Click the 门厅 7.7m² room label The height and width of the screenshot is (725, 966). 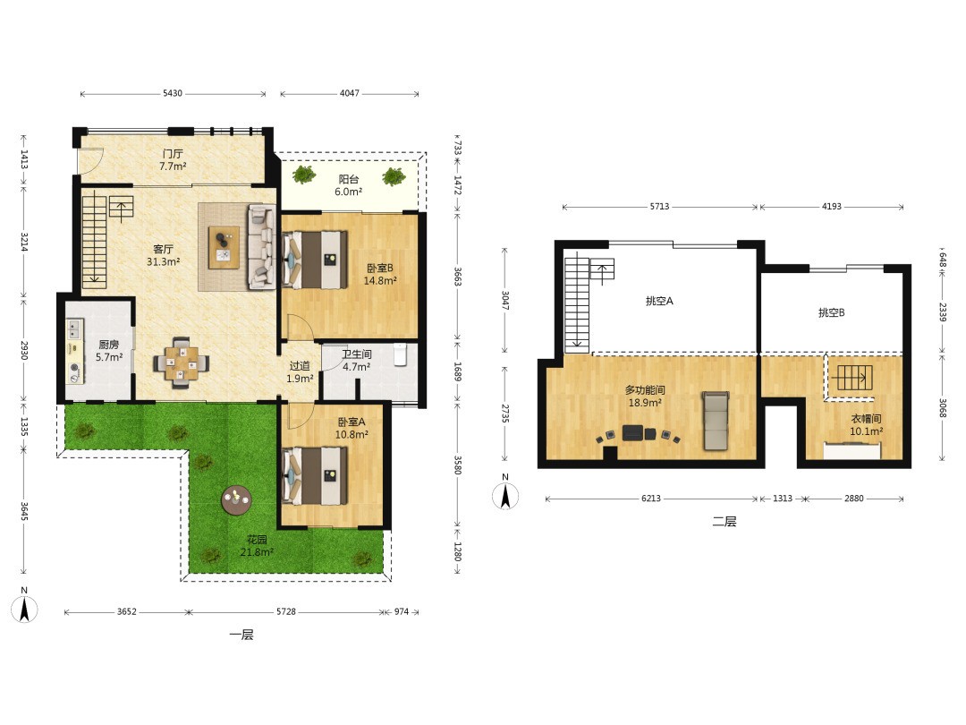click(173, 159)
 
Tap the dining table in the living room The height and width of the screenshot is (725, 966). click(181, 362)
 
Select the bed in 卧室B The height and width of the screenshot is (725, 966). click(314, 259)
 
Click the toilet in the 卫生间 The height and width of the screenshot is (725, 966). click(401, 355)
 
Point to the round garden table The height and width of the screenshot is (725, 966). click(236, 499)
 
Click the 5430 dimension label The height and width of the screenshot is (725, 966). click(173, 94)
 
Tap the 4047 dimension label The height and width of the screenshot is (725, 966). click(350, 94)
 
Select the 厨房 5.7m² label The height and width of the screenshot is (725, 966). click(109, 351)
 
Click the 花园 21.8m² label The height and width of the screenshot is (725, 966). click(257, 546)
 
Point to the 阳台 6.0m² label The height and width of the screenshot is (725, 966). click(349, 185)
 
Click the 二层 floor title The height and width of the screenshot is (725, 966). click(724, 522)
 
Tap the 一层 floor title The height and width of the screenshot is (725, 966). click(241, 635)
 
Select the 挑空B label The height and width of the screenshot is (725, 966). click(831, 312)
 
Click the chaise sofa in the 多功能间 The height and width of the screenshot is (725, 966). click(716, 420)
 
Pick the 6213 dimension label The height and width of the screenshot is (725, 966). click(651, 499)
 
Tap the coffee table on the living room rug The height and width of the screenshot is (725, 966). click(224, 248)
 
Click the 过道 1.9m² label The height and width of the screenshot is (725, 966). click(300, 372)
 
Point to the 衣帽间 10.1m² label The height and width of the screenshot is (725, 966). click(866, 425)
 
